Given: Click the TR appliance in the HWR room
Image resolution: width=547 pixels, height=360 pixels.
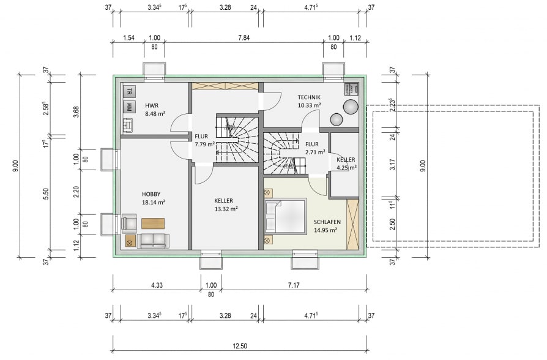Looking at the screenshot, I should pyautogui.click(x=129, y=92).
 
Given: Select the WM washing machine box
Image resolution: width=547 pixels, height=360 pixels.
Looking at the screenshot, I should pyautogui.click(x=129, y=107).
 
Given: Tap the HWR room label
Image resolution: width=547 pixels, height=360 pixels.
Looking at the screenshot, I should pyautogui.click(x=152, y=105).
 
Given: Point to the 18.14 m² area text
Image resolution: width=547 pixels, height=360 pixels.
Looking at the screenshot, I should pyautogui.click(x=154, y=201).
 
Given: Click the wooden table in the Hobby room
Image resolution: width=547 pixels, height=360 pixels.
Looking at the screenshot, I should pyautogui.click(x=153, y=223).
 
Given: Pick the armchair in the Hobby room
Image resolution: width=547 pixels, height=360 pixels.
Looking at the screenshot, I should pyautogui.click(x=129, y=223).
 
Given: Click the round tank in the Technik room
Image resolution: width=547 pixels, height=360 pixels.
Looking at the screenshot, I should pyautogui.click(x=351, y=107).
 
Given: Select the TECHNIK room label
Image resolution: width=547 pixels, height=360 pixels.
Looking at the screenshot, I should pyautogui.click(x=309, y=97).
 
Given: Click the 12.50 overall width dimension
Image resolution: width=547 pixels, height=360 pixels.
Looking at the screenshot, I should pyautogui.click(x=239, y=346).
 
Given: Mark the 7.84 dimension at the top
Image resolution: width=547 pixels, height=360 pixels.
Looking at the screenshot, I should pyautogui.click(x=244, y=37).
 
